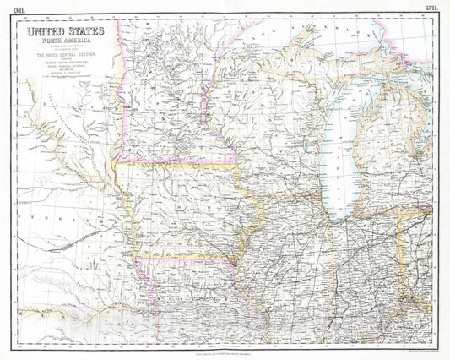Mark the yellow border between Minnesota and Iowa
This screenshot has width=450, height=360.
click(x=177, y=165)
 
